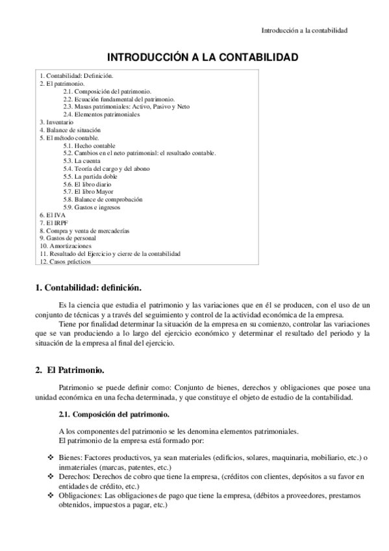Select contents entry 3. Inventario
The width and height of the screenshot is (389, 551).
[56, 122]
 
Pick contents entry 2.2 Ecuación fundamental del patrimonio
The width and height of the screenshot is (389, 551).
[115, 99]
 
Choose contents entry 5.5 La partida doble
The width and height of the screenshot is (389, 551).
[90, 177]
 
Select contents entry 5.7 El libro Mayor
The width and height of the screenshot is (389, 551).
[89, 192]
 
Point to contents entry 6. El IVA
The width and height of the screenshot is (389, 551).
[52, 215]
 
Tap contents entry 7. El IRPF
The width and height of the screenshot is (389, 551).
[54, 223]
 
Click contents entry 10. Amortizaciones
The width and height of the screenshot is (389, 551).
[65, 246]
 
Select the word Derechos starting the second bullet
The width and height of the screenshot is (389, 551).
[73, 476]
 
